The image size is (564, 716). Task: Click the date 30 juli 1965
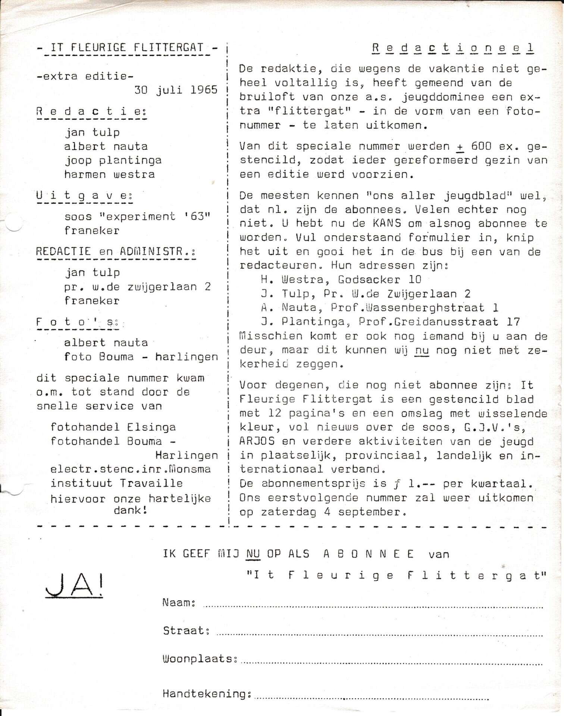176,90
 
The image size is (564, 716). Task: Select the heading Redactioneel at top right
453,48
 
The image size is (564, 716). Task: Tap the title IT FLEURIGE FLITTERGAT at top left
127,48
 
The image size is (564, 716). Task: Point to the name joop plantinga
113,160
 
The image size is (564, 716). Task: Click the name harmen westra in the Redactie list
109,174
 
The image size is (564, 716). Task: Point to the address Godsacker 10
380,280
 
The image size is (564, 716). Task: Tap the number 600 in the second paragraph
481,146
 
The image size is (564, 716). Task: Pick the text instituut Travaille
117,483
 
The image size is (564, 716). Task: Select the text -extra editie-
85,76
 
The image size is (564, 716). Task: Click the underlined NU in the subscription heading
253,554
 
